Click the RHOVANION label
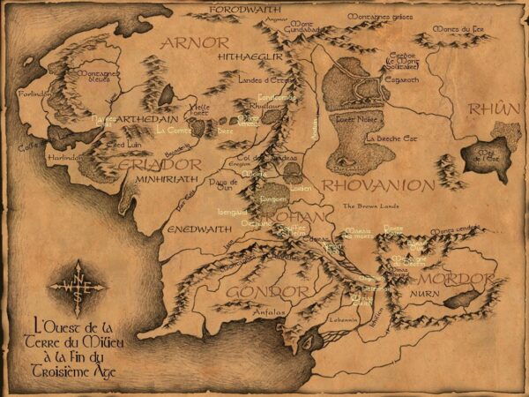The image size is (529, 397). [x=377, y=185]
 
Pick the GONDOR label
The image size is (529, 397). [x=268, y=290]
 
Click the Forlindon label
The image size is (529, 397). [x=33, y=92]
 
